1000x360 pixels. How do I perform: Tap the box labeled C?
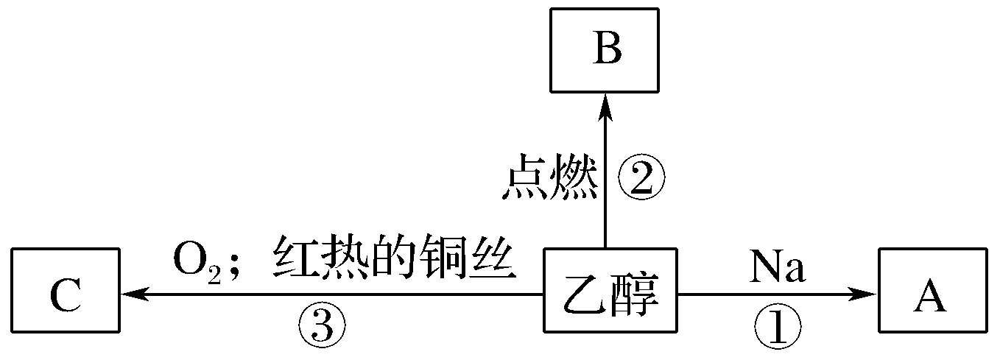click(x=66, y=294)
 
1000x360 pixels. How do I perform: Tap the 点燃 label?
click(x=549, y=178)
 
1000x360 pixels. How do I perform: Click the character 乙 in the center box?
click(x=581, y=295)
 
